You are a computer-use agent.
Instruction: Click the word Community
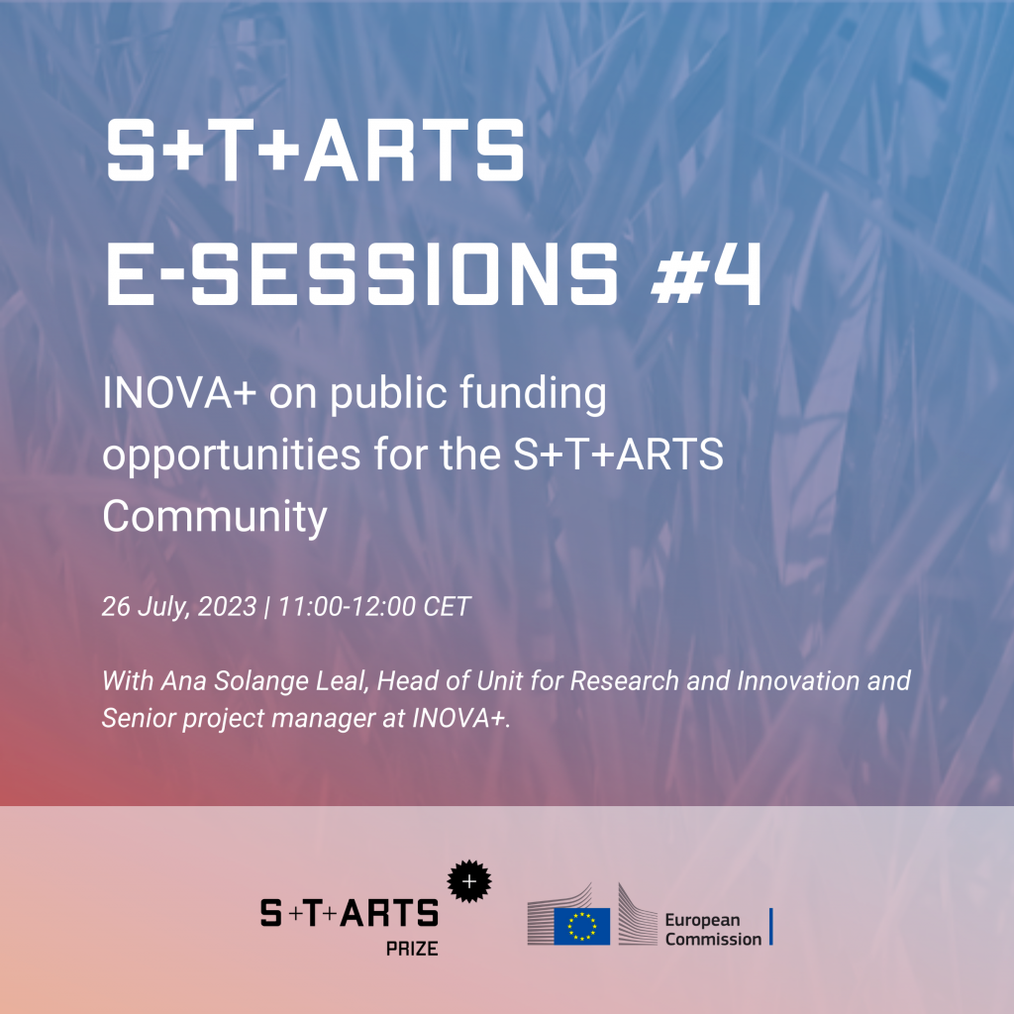click(x=215, y=517)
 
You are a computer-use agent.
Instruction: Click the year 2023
click(x=227, y=607)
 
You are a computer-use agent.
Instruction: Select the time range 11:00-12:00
click(x=347, y=607)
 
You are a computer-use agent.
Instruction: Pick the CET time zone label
click(x=447, y=607)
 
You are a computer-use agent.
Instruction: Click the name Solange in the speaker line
click(x=261, y=681)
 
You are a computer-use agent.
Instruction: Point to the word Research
click(x=624, y=681)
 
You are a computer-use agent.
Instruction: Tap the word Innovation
click(x=799, y=681)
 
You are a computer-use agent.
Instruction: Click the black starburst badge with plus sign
click(x=469, y=880)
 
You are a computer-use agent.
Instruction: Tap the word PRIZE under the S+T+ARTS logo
click(x=412, y=949)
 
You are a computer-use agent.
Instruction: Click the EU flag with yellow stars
click(x=581, y=926)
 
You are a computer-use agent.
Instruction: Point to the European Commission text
click(x=713, y=929)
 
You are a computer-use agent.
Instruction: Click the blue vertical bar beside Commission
click(x=770, y=927)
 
